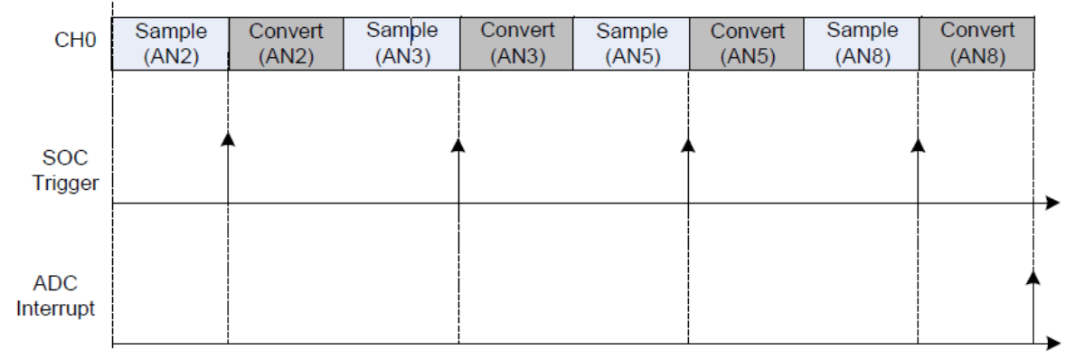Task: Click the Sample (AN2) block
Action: click(171, 43)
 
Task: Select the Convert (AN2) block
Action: click(286, 43)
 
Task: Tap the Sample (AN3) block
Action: click(401, 43)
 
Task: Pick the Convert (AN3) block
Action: click(516, 43)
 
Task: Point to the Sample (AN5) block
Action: click(631, 43)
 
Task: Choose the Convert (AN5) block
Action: click(747, 43)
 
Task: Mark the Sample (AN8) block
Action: click(862, 43)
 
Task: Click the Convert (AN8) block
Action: click(976, 43)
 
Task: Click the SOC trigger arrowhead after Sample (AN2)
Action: click(228, 138)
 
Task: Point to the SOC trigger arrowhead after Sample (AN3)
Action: click(458, 144)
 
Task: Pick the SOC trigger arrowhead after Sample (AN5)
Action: click(688, 144)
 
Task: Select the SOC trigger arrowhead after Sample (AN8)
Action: click(919, 144)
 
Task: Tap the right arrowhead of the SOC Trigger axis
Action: click(1052, 204)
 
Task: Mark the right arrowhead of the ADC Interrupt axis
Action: click(1052, 344)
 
